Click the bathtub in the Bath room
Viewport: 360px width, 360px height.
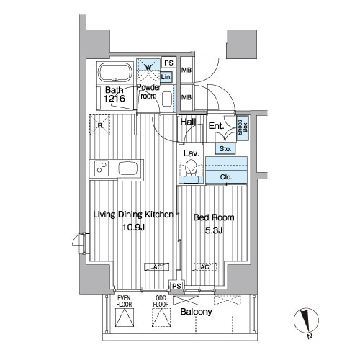click(115, 73)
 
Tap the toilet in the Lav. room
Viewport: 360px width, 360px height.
click(191, 168)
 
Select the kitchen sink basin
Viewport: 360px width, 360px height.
click(128, 168)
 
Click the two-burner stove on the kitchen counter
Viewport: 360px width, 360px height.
click(102, 168)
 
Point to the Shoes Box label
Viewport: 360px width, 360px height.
click(243, 127)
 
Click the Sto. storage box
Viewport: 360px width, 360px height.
click(225, 149)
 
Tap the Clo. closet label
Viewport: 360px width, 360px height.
click(226, 177)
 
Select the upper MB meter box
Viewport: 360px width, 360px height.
click(186, 70)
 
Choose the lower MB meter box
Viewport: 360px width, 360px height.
click(186, 97)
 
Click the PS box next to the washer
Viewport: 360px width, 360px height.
click(168, 63)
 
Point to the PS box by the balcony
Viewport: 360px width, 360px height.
click(176, 286)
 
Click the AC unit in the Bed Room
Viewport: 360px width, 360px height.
click(204, 267)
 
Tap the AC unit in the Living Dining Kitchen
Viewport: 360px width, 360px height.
click(157, 267)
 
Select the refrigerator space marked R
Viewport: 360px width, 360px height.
click(100, 125)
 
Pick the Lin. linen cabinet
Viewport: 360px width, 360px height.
click(166, 77)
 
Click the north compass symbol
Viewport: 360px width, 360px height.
click(306, 321)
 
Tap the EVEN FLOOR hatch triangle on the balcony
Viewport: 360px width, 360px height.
click(125, 318)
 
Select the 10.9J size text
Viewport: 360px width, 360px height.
click(133, 227)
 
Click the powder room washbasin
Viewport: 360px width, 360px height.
click(167, 99)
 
